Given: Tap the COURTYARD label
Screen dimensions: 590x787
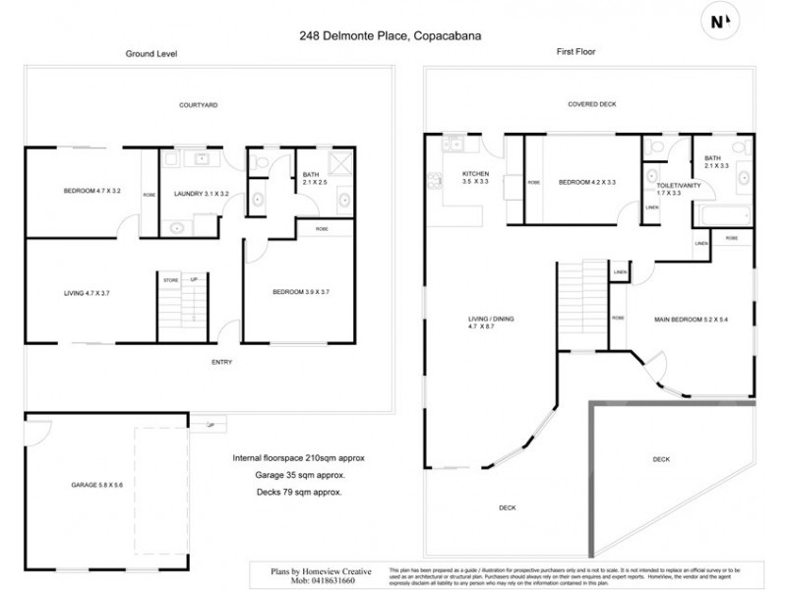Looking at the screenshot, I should (x=199, y=104).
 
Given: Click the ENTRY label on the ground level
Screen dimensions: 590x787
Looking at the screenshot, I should (x=222, y=363).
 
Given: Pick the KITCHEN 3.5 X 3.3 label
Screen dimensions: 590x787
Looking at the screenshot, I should (x=475, y=177).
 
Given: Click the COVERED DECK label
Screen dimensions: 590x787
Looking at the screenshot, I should (x=591, y=104).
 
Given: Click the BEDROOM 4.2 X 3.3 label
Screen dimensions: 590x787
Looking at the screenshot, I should (x=586, y=182).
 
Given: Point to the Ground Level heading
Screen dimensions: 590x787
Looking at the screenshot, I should (x=149, y=54).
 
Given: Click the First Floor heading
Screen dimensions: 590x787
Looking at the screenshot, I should (x=576, y=52).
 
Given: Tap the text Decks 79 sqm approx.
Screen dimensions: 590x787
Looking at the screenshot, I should (x=299, y=492).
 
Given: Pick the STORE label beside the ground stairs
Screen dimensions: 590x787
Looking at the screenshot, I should (x=170, y=280).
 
